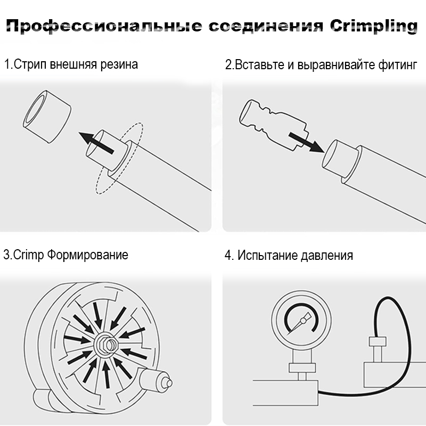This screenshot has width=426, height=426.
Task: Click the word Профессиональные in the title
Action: [103, 27]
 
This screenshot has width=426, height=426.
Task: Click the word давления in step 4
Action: [327, 255]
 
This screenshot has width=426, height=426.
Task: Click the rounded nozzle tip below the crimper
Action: [166, 382]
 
